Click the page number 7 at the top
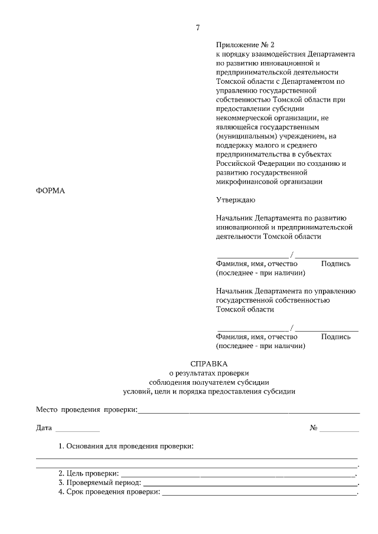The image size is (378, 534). [x=198, y=28]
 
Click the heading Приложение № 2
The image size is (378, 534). [x=245, y=44]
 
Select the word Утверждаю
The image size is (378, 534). [x=236, y=200]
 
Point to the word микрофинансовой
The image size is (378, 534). [x=246, y=182]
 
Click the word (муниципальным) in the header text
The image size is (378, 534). [x=245, y=136]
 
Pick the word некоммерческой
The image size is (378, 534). [x=244, y=117]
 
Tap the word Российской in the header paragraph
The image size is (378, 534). [x=236, y=163]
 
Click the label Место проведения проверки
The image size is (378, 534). [x=86, y=409]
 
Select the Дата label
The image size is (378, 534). [x=44, y=428]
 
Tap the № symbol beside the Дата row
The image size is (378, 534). [x=314, y=428]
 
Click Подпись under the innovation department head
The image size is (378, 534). [x=335, y=264]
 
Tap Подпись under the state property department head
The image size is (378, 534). [x=335, y=337]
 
